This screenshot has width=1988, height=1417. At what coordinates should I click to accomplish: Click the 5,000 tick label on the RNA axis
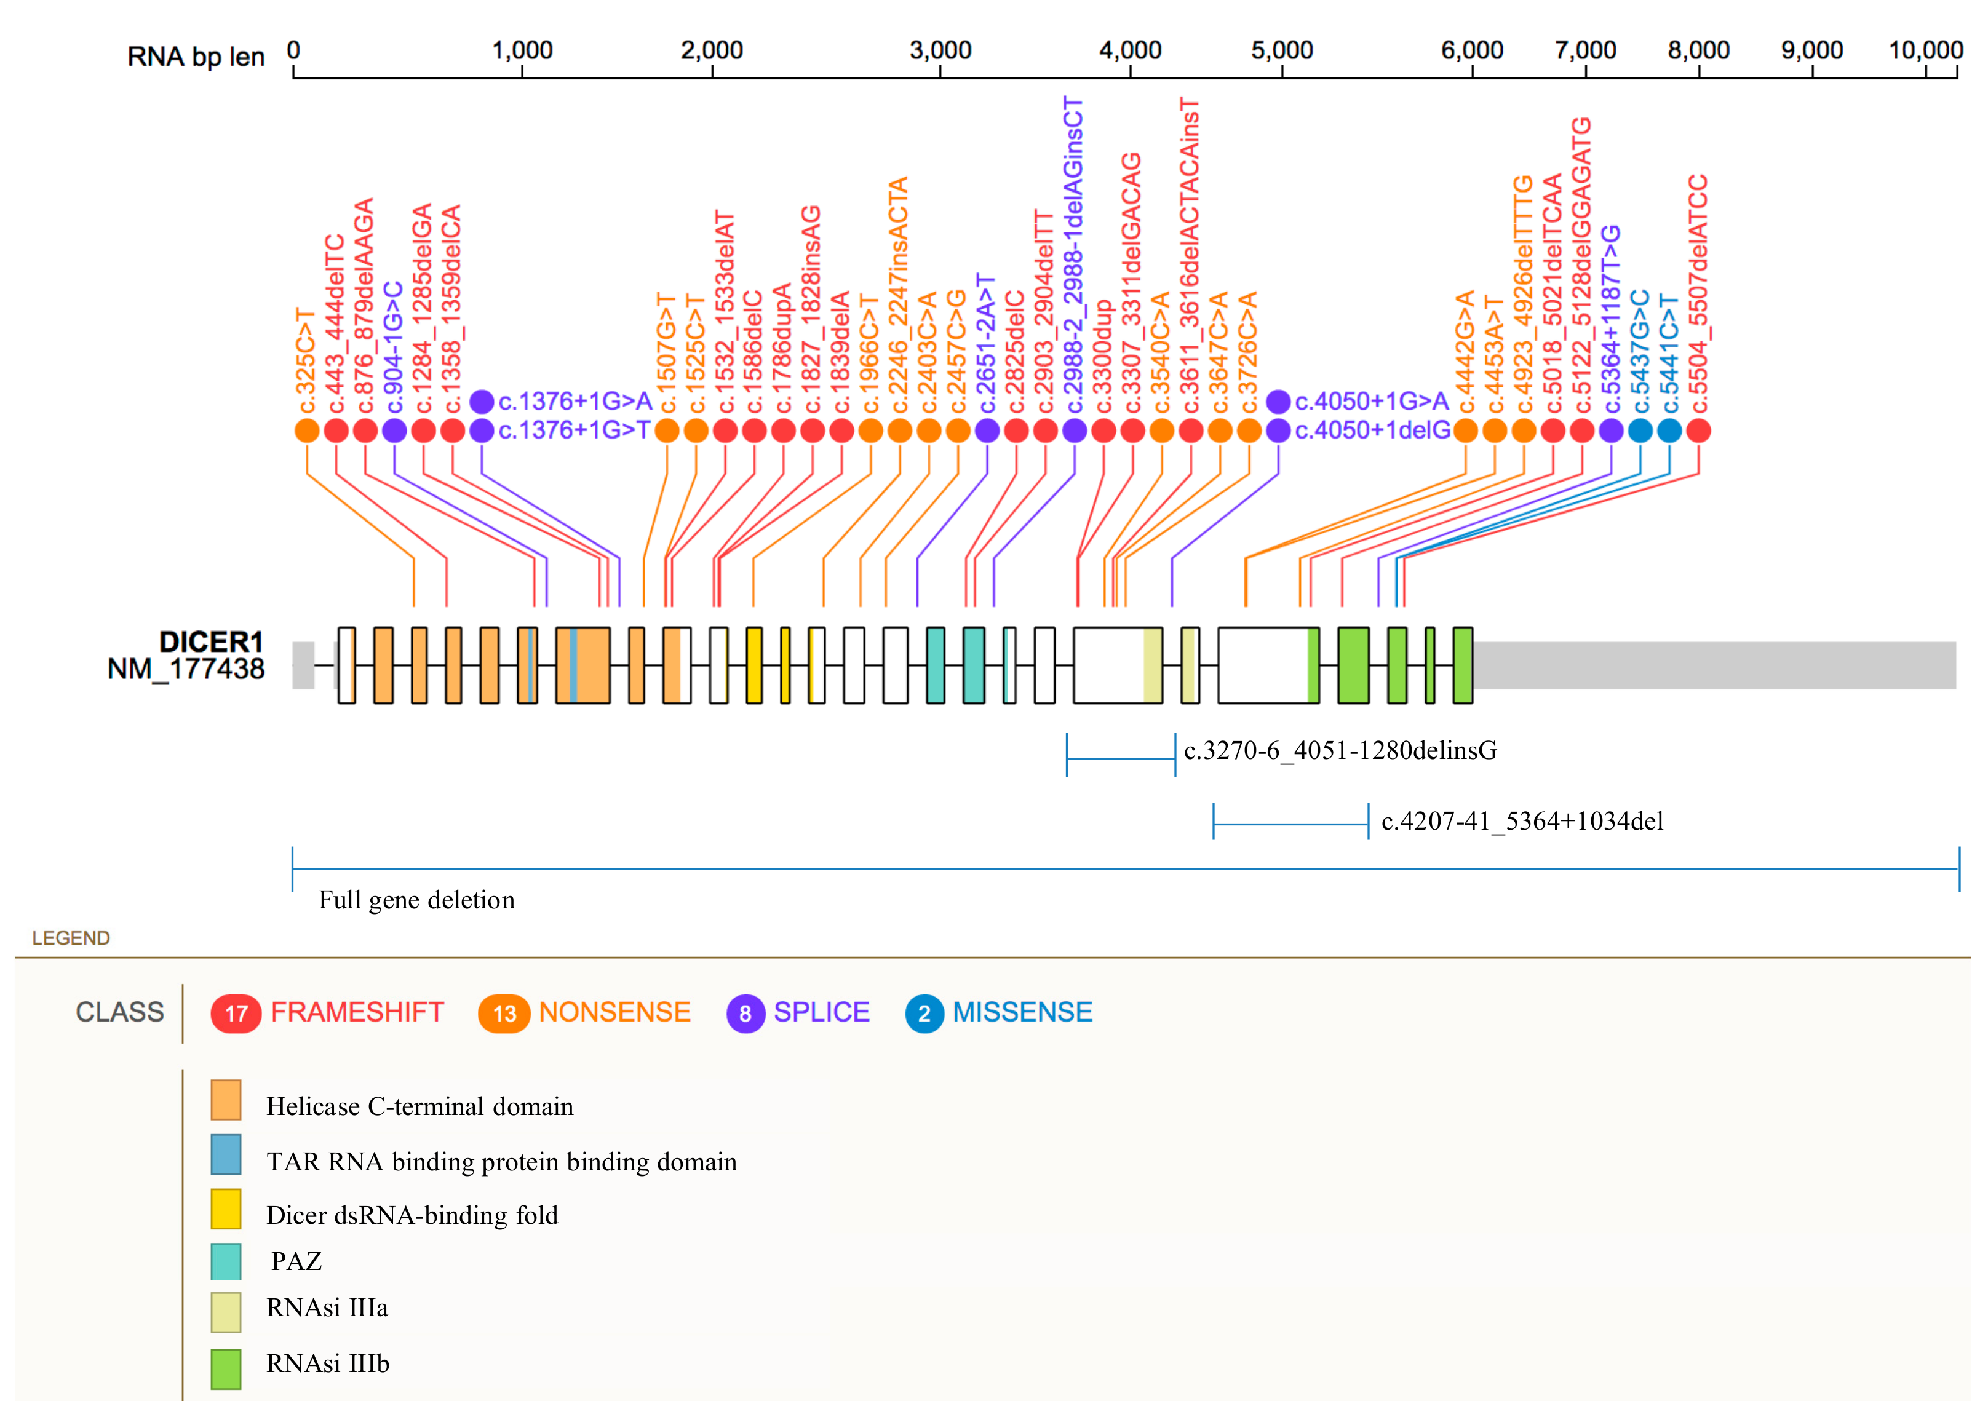point(1281,50)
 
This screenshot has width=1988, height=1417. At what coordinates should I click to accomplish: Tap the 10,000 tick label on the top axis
point(1925,50)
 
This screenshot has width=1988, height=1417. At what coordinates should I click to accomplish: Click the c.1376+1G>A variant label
point(575,402)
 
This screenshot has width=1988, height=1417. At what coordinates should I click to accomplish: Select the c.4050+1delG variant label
point(1372,430)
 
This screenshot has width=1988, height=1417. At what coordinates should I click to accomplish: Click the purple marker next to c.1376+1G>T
point(482,430)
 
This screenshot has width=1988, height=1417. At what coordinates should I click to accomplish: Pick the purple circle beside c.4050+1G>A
point(1279,402)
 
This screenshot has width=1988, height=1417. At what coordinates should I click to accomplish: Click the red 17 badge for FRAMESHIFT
point(236,1013)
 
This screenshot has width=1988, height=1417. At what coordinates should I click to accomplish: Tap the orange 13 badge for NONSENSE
point(504,1013)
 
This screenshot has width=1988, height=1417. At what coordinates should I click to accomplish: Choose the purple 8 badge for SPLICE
point(745,1013)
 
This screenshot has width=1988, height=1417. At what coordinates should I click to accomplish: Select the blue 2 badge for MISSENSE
point(924,1013)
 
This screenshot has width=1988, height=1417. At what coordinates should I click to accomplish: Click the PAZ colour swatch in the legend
point(226,1261)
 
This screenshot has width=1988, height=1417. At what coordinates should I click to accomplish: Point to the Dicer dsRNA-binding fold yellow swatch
point(226,1209)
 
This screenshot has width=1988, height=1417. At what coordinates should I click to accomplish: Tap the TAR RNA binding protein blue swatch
point(226,1154)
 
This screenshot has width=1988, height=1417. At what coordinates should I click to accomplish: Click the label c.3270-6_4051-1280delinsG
point(1340,750)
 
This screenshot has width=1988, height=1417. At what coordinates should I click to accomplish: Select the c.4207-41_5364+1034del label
point(1522,821)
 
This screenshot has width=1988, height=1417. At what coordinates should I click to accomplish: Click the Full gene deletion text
point(416,900)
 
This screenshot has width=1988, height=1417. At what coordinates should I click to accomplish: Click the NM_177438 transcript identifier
point(186,669)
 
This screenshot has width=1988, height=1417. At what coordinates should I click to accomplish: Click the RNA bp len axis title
point(196,57)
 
